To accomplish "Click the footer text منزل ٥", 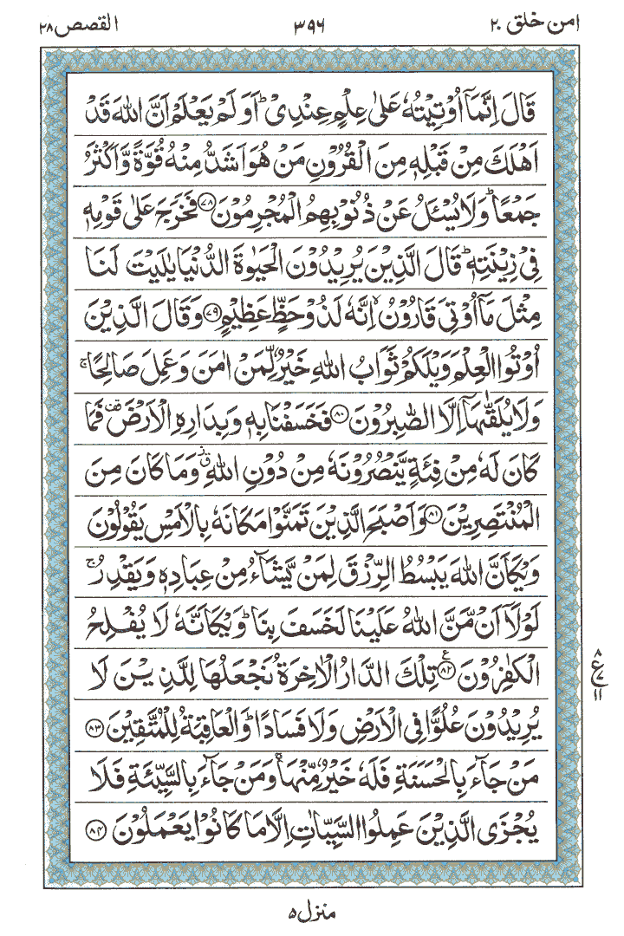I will click(309, 915).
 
